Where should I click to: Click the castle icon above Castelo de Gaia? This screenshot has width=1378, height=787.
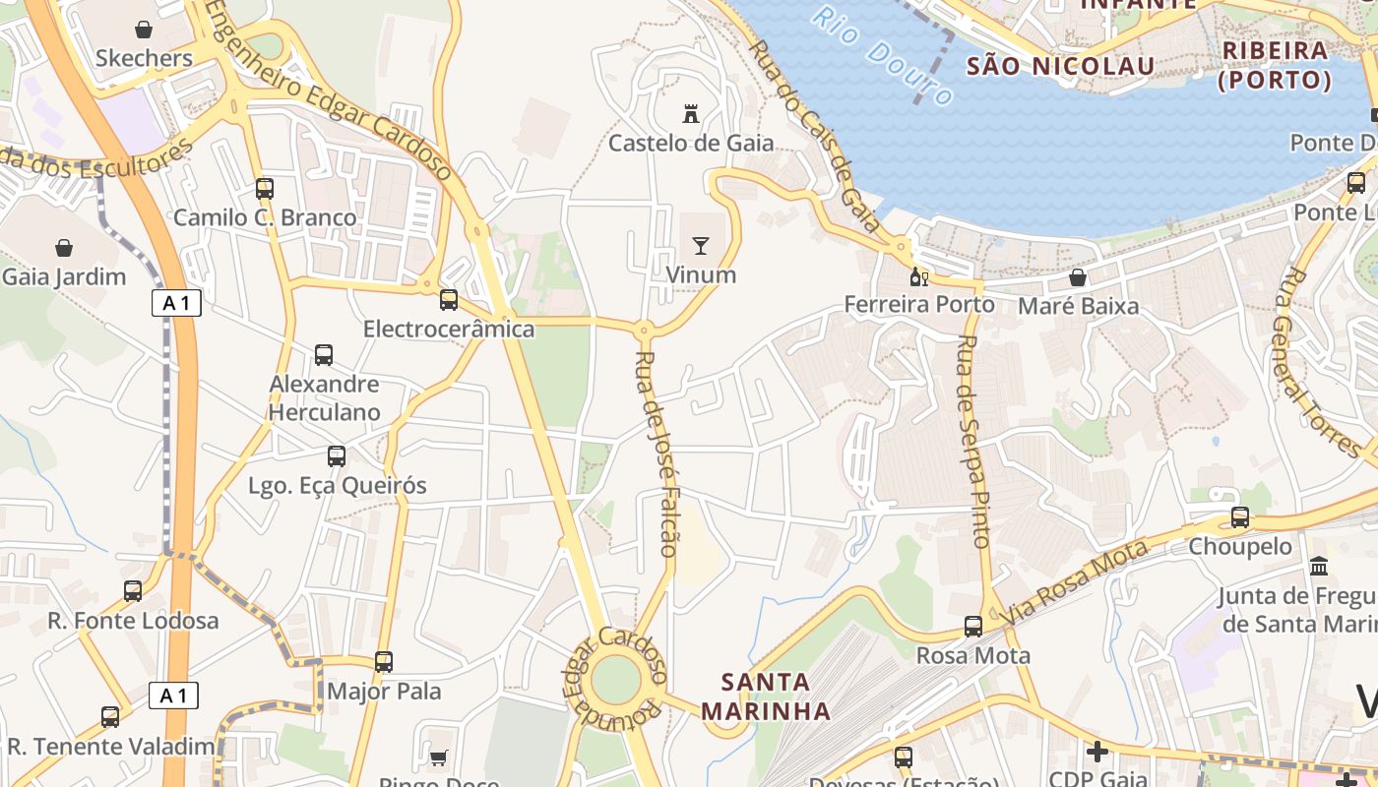691,114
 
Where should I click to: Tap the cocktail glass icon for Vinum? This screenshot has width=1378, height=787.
701,245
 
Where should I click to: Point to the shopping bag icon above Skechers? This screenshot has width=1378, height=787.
144,30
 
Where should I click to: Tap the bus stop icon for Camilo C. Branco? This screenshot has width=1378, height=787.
265,188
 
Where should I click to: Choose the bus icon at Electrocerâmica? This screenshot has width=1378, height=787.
449,299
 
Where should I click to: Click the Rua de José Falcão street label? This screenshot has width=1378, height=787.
658,454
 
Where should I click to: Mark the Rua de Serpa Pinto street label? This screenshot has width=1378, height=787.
972,441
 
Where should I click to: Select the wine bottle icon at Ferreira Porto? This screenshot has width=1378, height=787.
918,276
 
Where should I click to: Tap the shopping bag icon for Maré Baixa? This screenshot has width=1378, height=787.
1078,277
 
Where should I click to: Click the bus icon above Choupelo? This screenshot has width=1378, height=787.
1240,517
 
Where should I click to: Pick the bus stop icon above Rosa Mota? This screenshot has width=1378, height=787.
973,627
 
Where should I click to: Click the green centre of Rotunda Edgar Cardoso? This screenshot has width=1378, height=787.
617,680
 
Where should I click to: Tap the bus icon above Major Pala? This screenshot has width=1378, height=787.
384,662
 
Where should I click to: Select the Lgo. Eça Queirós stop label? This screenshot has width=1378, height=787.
338,485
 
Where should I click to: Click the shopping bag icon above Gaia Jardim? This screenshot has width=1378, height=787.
64,248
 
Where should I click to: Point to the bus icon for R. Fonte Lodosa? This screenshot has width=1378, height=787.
133,591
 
